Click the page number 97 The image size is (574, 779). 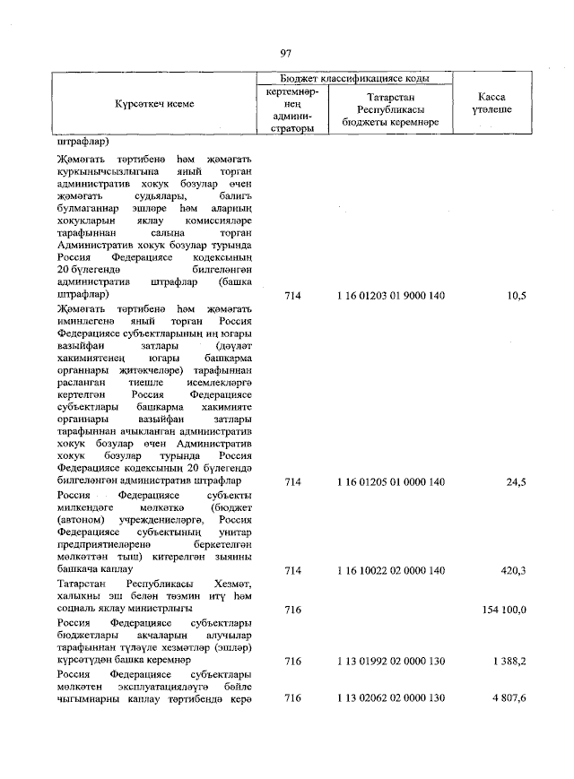(286, 54)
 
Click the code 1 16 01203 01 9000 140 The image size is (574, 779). (391, 295)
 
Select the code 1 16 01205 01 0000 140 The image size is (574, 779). (391, 482)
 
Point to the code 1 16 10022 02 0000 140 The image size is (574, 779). (391, 569)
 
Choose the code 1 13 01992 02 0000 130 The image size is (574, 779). (391, 661)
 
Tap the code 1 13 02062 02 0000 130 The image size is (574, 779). (391, 698)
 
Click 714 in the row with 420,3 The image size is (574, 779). (291, 569)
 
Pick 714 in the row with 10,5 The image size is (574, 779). (291, 295)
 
